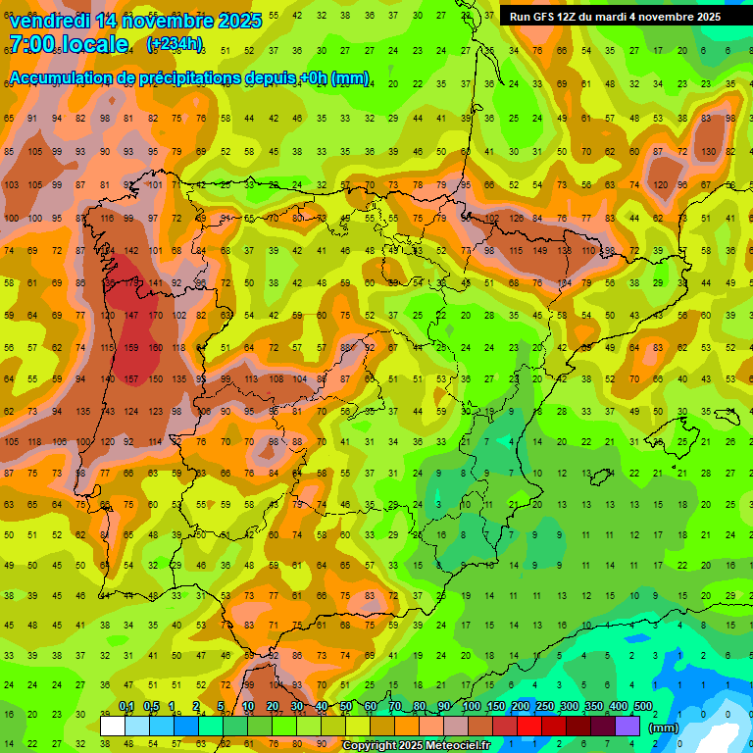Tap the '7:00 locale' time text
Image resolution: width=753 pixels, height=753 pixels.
(x=68, y=44)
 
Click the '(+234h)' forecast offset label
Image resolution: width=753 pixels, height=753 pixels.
(x=175, y=44)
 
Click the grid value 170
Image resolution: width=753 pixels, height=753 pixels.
(x=155, y=316)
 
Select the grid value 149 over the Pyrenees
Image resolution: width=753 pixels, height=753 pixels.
(x=539, y=251)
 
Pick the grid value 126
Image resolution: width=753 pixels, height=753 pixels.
(x=516, y=219)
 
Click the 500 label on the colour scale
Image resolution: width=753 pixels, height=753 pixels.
(x=642, y=707)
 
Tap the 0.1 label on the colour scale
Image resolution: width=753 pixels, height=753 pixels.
(x=125, y=707)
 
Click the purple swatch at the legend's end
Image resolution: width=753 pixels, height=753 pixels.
(x=627, y=726)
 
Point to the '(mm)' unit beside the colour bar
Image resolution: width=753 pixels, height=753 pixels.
(x=664, y=728)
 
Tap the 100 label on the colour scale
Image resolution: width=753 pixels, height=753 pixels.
(x=471, y=707)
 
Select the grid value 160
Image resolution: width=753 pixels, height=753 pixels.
(x=155, y=347)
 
